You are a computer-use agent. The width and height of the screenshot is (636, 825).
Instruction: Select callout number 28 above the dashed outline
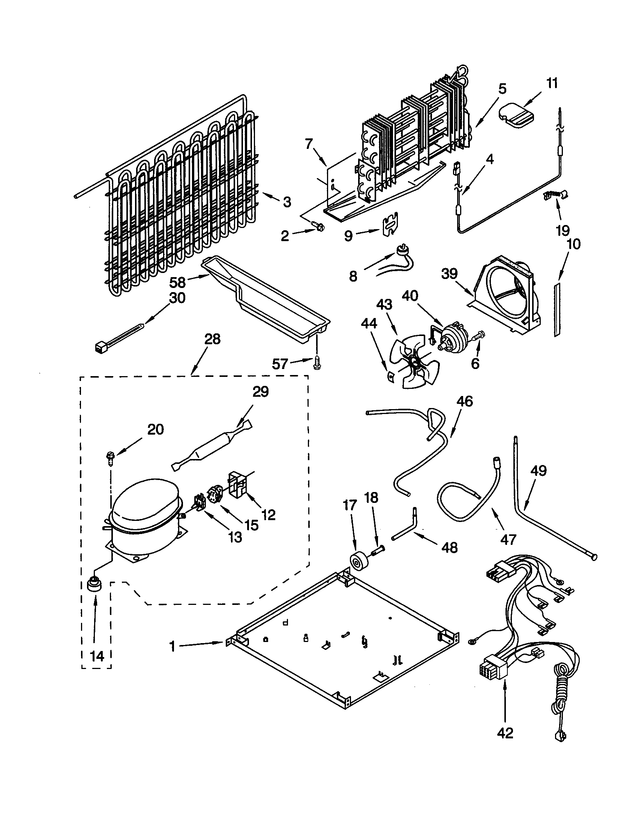coord(212,339)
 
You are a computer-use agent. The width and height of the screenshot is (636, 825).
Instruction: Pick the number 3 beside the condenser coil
coord(287,202)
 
